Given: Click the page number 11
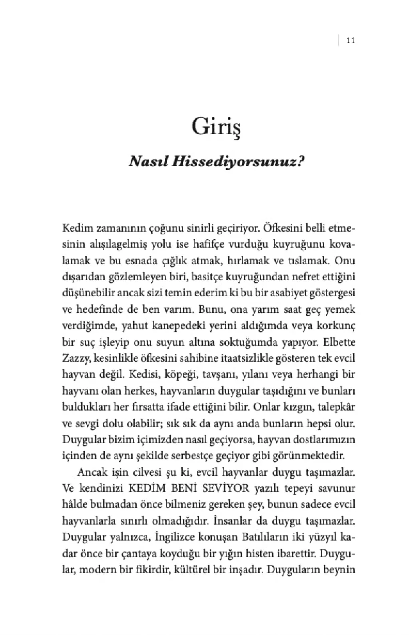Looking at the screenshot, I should (x=351, y=40).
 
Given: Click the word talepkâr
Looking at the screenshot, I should (x=336, y=408).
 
